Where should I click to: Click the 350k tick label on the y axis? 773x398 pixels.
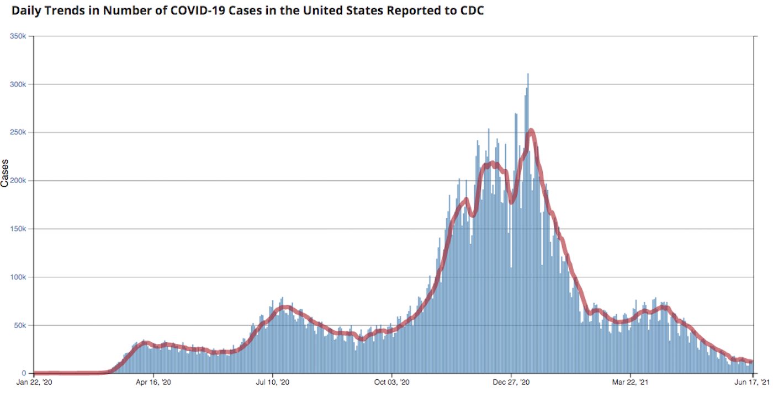point(18,36)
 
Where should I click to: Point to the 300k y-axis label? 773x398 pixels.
point(18,84)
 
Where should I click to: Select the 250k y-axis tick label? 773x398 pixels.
point(18,132)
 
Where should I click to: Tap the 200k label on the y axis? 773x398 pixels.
point(18,181)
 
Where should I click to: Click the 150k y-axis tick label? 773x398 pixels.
point(18,229)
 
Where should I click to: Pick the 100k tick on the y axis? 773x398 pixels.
point(18,277)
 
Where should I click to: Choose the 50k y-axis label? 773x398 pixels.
point(20,325)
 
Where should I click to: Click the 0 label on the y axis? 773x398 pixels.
point(24,373)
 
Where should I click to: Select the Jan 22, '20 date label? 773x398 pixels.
point(34,382)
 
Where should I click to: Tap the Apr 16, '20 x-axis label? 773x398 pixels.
point(153,382)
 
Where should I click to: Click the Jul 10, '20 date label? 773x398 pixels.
point(273,382)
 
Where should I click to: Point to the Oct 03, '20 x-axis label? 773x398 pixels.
point(391,382)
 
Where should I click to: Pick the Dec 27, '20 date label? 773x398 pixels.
point(511,382)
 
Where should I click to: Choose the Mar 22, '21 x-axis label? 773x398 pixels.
point(630,382)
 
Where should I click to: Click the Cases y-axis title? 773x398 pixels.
point(4,173)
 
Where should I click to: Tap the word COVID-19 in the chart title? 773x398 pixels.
point(198,10)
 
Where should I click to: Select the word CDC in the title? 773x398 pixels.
point(472,10)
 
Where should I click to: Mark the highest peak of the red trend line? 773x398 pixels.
point(531,130)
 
